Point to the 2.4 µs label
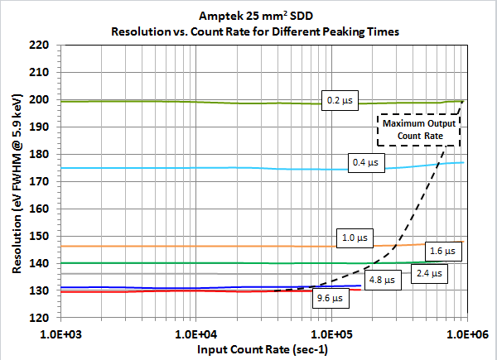[x=428, y=273]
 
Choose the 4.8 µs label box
[x=382, y=280]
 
